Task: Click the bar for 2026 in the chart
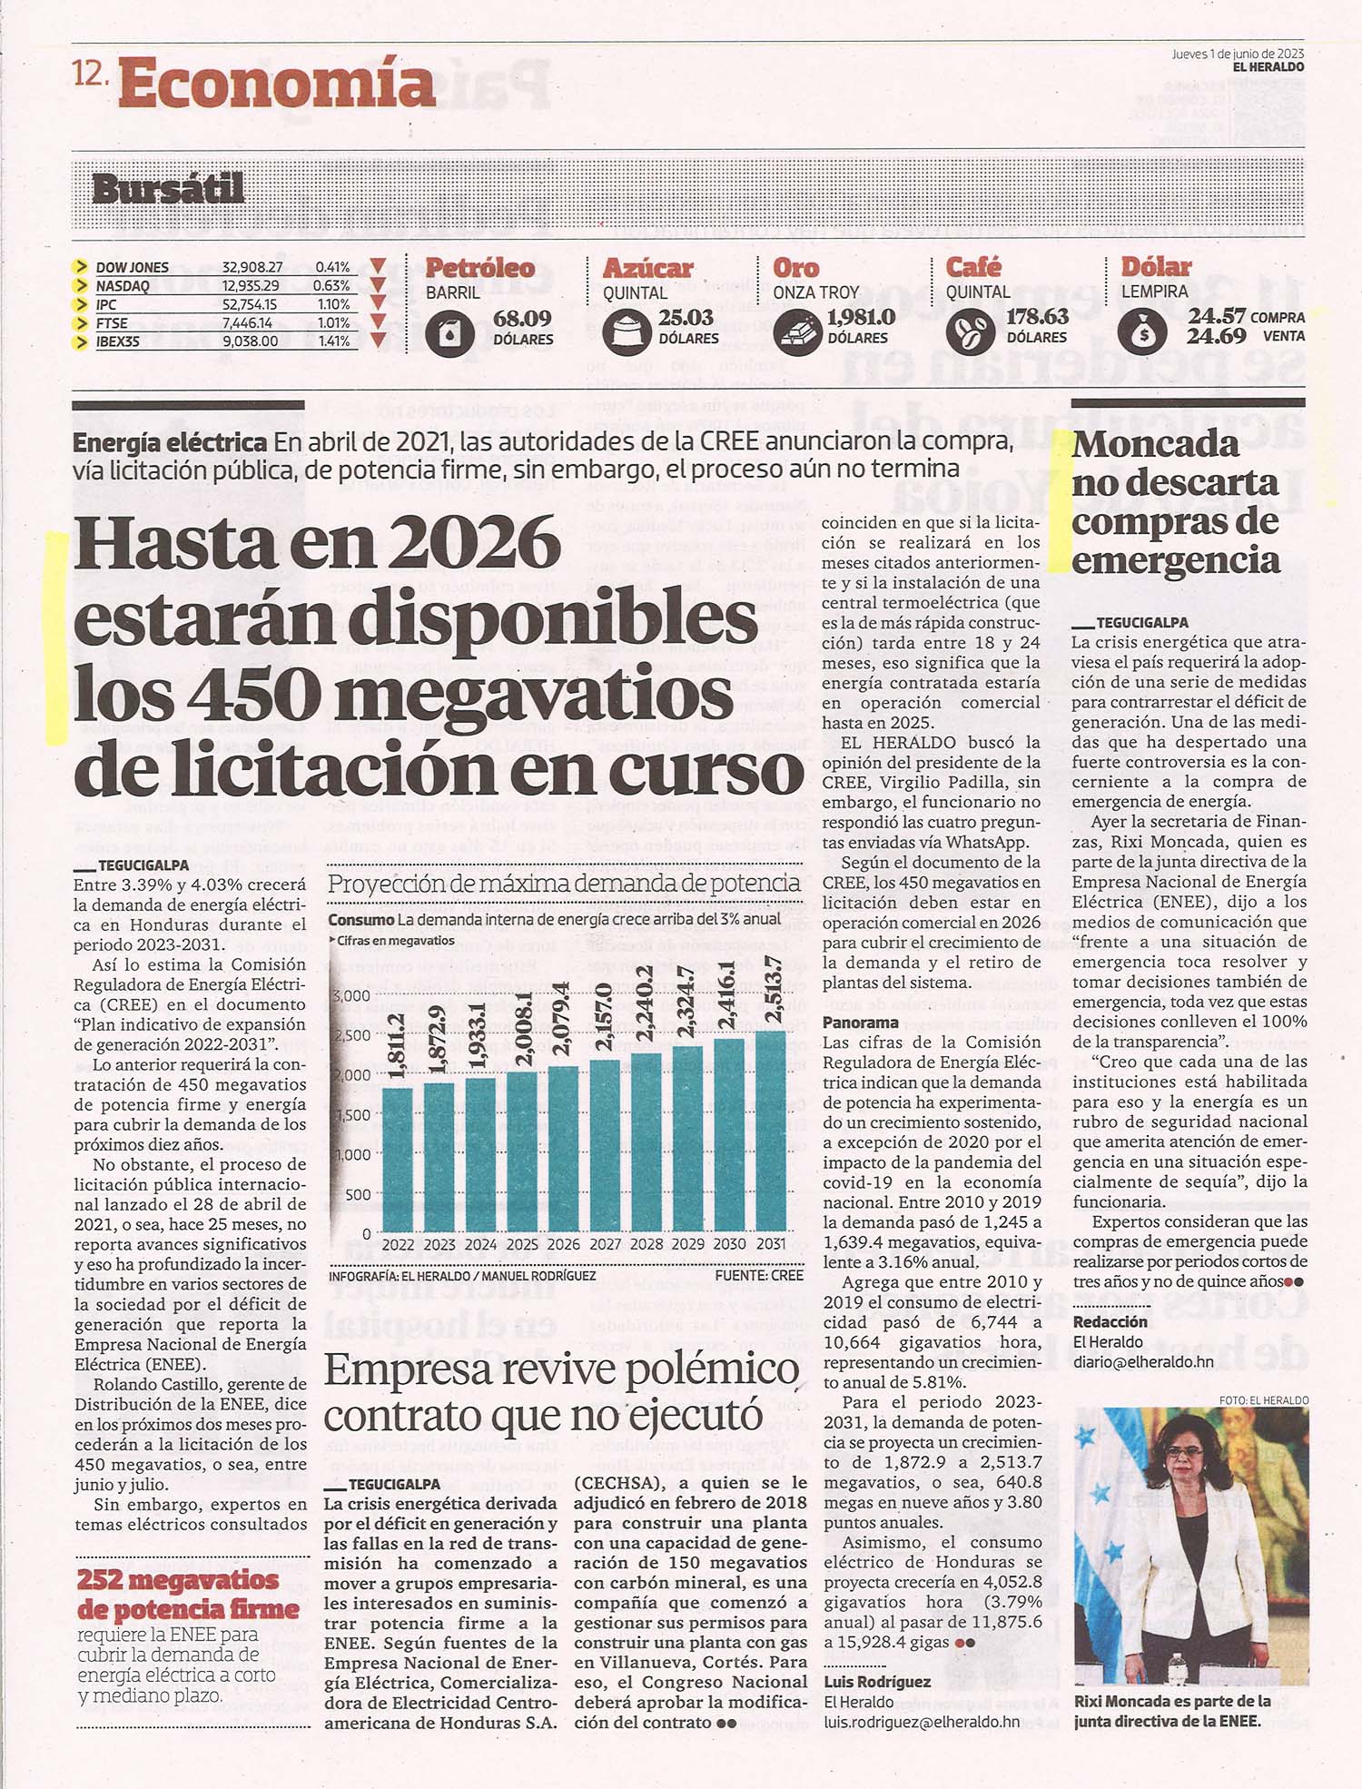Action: point(563,1149)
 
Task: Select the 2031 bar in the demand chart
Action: point(771,1132)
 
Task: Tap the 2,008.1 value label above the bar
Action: point(524,1028)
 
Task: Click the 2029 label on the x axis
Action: point(687,1244)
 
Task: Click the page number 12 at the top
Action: point(90,75)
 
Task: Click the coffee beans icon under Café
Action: point(969,331)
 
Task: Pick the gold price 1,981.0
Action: point(861,317)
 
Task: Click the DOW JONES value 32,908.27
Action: point(252,267)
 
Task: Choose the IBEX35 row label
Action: point(118,341)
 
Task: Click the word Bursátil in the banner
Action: point(168,188)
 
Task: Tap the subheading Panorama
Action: point(861,1023)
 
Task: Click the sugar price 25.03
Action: point(686,317)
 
